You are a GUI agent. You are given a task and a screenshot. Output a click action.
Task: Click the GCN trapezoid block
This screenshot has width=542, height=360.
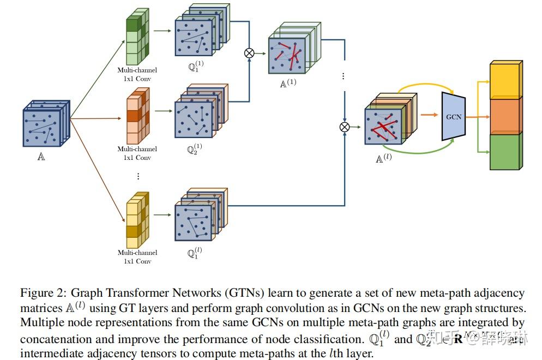pos(453,117)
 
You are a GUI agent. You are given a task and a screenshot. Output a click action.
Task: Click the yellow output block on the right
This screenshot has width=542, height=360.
pos(505,81)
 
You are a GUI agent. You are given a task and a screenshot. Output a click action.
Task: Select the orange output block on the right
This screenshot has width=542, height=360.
pos(505,116)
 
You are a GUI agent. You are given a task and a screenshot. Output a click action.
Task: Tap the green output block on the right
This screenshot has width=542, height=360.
pos(505,151)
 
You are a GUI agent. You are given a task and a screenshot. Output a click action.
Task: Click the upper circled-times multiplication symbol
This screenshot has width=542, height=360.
pos(249,53)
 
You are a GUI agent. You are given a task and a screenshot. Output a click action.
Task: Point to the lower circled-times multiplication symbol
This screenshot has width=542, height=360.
pos(345,127)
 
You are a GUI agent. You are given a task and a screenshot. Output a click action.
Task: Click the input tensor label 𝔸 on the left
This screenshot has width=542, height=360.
pos(41,157)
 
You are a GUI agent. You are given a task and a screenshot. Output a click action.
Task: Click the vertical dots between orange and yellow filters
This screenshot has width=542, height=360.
pos(138,176)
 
